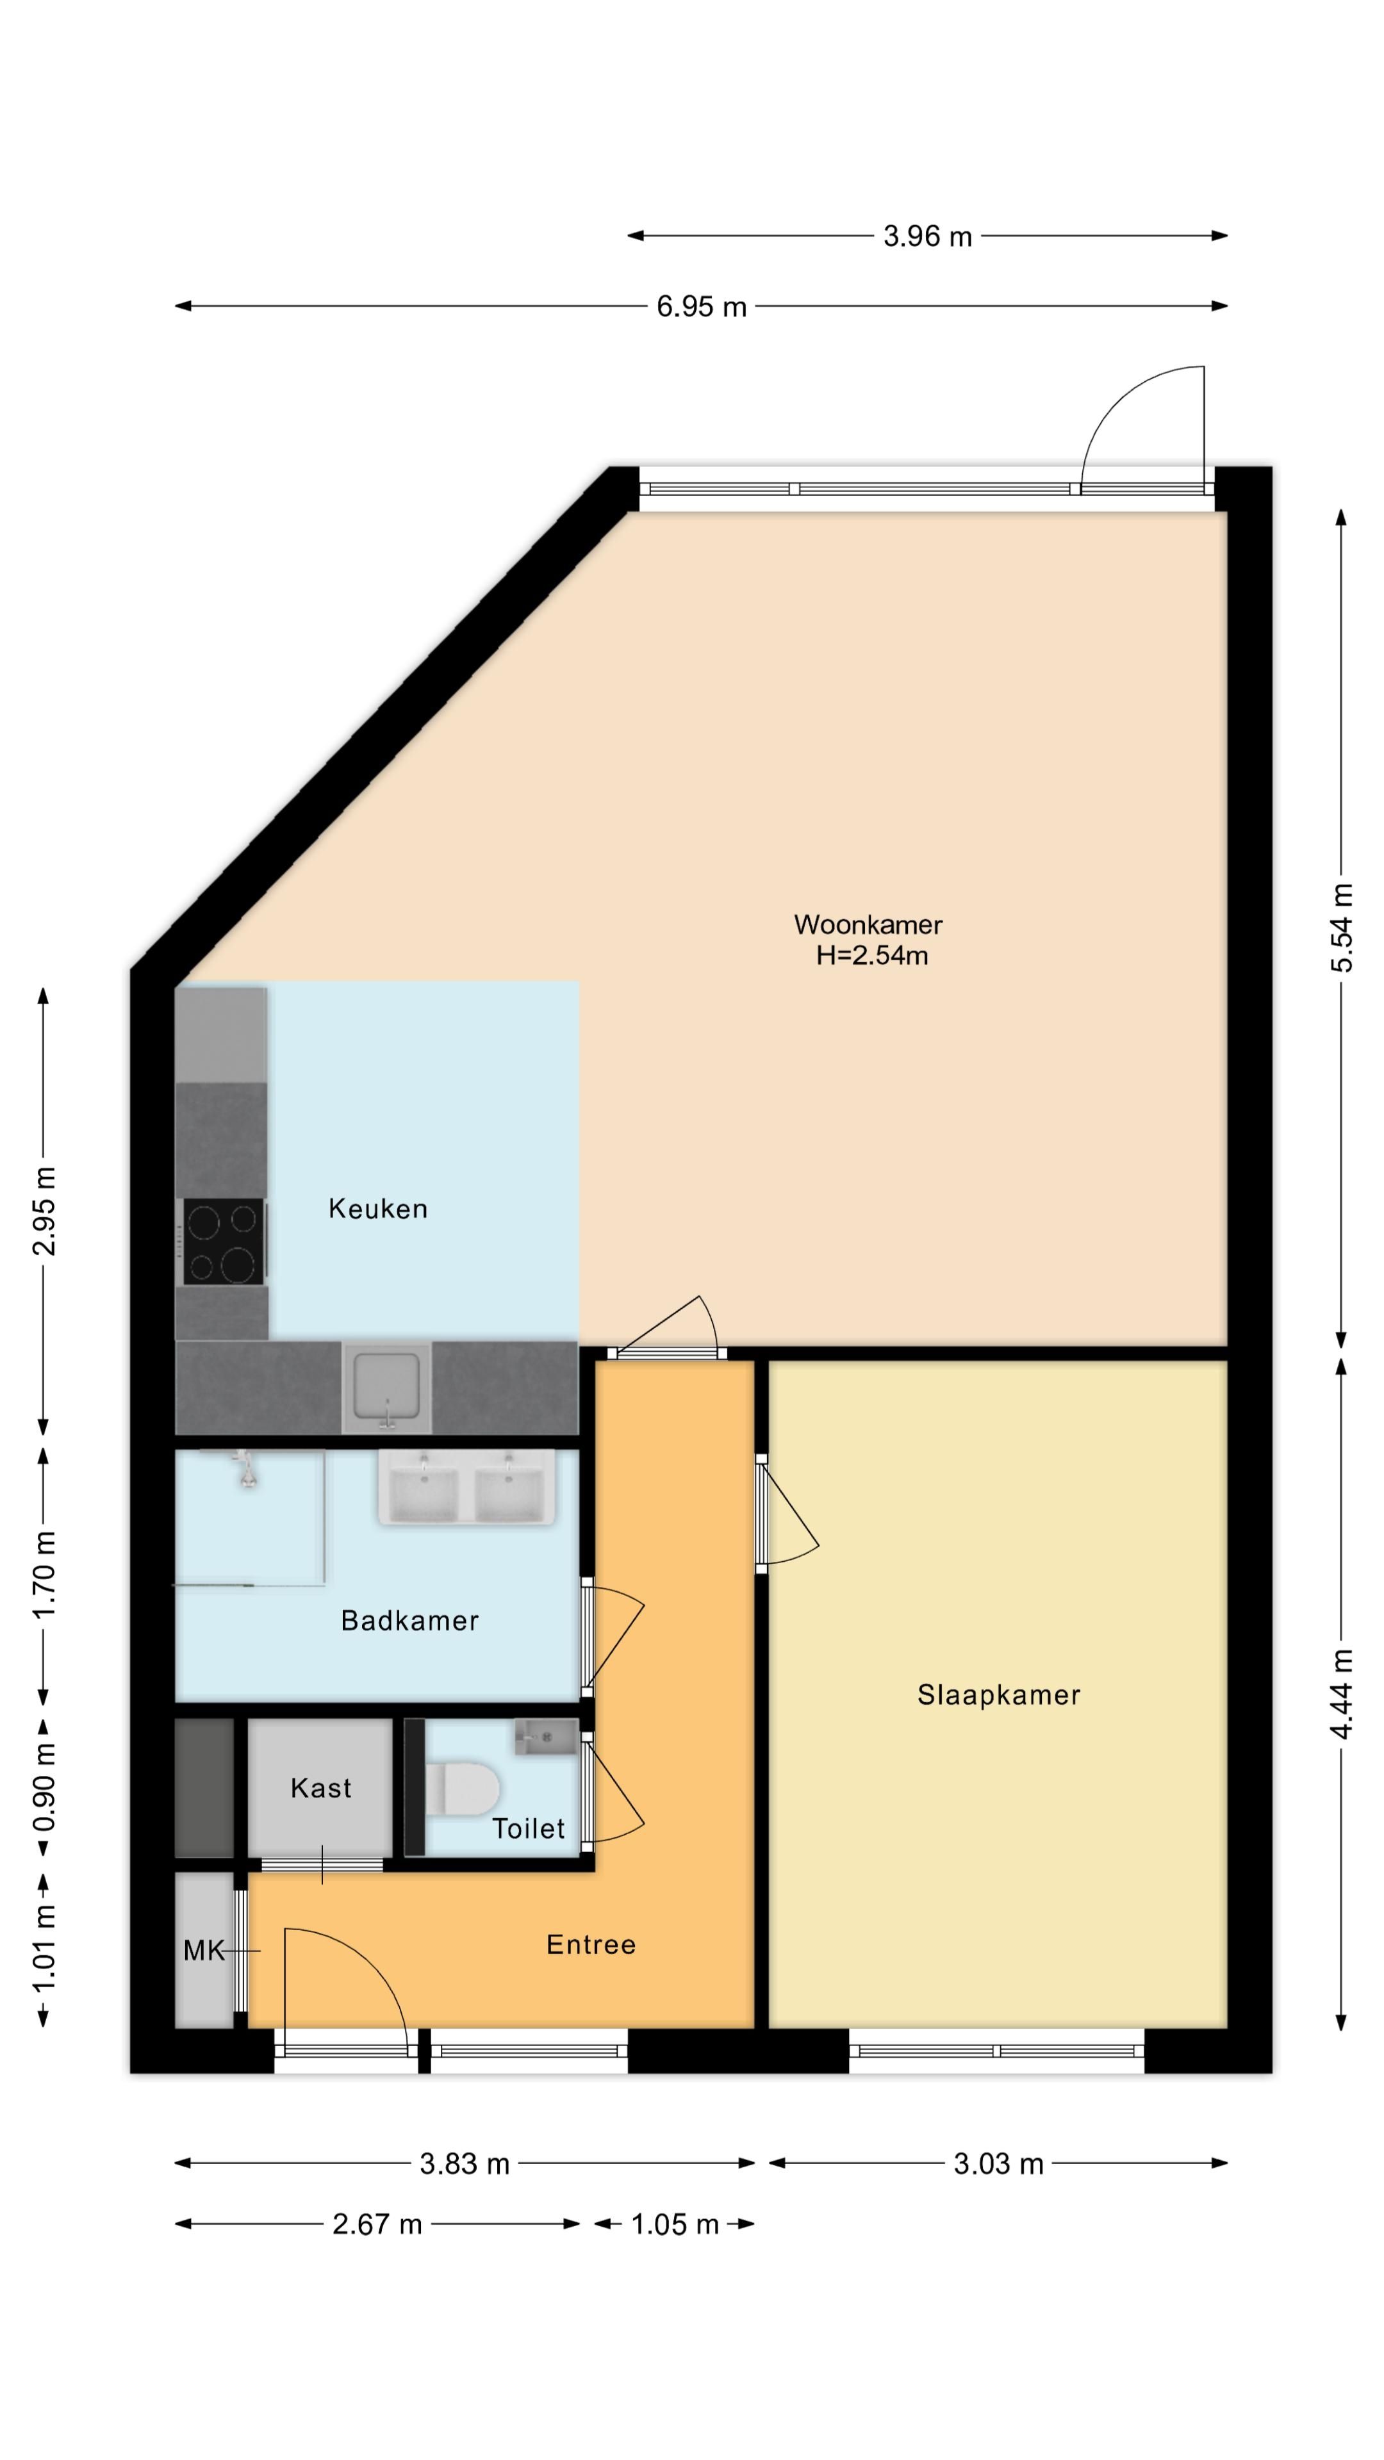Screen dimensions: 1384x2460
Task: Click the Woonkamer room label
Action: coord(868,924)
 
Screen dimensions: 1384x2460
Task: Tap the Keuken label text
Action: coord(377,1209)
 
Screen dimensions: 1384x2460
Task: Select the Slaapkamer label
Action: coord(998,1695)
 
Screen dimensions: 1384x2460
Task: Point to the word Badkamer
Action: coord(410,1621)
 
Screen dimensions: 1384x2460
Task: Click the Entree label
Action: coord(590,1946)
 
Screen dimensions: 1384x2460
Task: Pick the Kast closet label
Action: coord(321,1789)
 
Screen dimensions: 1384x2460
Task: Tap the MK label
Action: coord(204,1950)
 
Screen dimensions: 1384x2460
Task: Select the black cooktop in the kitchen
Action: coord(224,1242)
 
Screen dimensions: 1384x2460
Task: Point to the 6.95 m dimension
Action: coord(701,307)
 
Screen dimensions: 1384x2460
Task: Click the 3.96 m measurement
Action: coord(927,236)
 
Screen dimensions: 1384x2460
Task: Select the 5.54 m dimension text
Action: coord(1342,928)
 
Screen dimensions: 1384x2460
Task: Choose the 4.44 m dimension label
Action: coord(1342,1693)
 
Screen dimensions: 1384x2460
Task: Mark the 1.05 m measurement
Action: coord(674,2225)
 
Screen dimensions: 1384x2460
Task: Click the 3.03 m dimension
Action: coord(998,2164)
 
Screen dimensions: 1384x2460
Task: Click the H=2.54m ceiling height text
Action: coord(871,956)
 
